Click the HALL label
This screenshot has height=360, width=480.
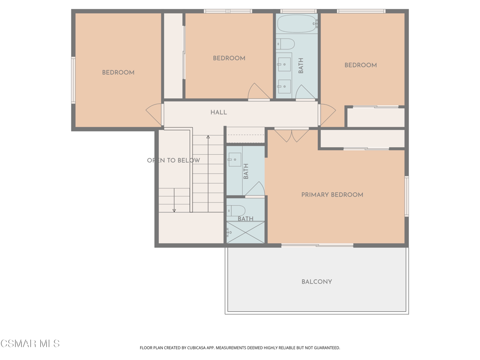[218, 112]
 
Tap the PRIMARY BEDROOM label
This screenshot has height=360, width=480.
[332, 195]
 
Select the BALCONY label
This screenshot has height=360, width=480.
[316, 282]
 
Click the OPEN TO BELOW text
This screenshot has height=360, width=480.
[173, 160]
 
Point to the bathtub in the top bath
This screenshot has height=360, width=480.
[297, 23]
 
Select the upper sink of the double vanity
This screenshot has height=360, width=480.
[284, 64]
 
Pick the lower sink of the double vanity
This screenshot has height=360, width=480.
[284, 87]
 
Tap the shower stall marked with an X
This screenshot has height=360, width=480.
[245, 232]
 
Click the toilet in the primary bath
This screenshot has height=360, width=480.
[236, 210]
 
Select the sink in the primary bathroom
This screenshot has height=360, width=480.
[234, 159]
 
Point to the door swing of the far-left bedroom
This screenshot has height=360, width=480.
[154, 114]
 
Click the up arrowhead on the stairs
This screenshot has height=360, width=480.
[208, 137]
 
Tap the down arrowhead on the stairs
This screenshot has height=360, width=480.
[174, 210]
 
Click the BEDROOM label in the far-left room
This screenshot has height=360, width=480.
[118, 73]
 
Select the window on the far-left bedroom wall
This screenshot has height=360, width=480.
[73, 80]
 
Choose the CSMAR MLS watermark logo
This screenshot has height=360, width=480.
[30, 344]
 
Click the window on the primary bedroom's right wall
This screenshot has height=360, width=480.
[407, 196]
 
